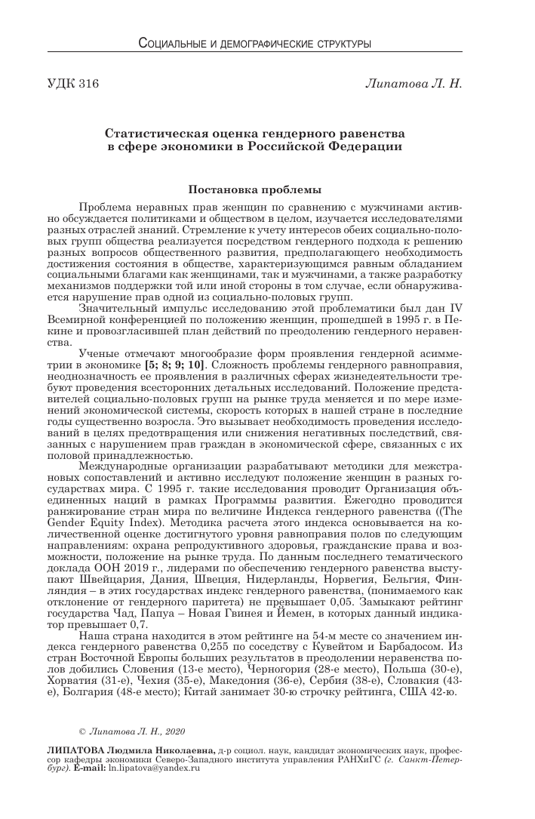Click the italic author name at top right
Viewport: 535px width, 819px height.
tap(414, 83)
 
